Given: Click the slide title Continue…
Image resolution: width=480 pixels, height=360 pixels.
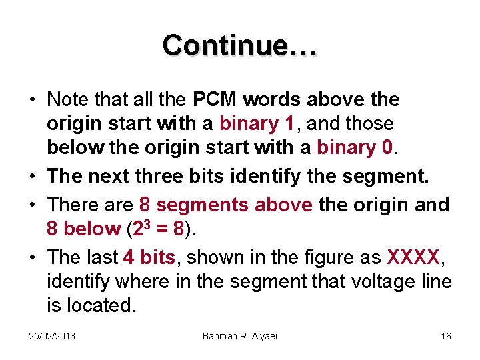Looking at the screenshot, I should (240, 45).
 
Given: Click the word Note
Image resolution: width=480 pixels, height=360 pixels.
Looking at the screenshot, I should (69, 100).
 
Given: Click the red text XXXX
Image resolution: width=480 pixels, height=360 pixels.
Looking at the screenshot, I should (413, 257).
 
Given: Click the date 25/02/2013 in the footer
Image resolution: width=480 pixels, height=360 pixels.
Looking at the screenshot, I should (52, 335).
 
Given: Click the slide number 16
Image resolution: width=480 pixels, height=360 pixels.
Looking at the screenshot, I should (446, 335).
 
